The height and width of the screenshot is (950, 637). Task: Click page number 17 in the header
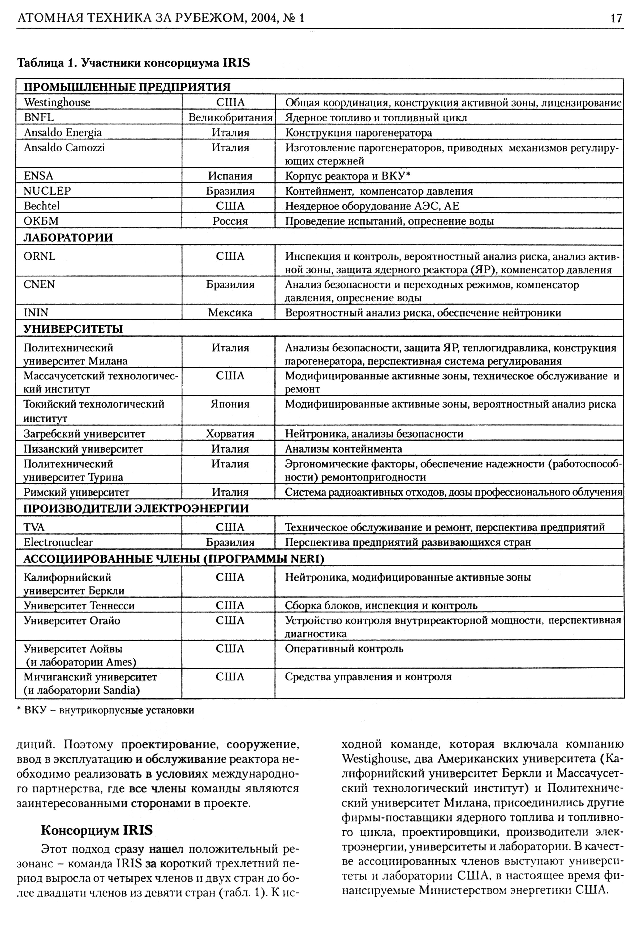click(x=616, y=18)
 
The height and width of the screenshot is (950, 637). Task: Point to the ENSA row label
click(x=38, y=176)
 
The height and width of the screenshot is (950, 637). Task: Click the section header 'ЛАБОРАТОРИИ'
click(x=68, y=238)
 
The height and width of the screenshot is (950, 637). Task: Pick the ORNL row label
click(x=39, y=256)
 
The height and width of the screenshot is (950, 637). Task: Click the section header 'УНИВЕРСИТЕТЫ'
click(x=73, y=329)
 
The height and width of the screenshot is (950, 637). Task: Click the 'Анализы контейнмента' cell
click(x=343, y=449)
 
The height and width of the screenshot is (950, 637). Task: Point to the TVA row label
click(x=34, y=527)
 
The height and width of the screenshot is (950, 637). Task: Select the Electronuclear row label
click(x=58, y=542)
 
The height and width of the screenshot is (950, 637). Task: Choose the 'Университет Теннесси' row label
click(x=79, y=606)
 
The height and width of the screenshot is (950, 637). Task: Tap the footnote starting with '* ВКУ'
click(x=106, y=710)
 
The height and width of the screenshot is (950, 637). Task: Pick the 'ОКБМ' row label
click(x=41, y=221)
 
